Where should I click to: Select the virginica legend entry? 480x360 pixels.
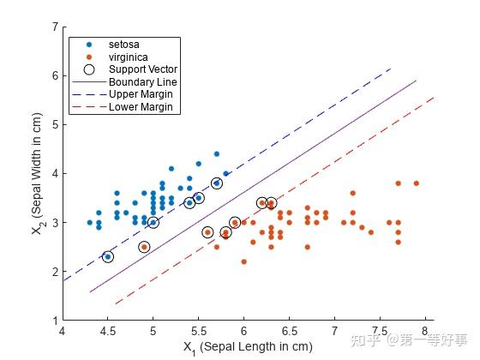127,56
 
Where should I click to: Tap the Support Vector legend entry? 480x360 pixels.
142,69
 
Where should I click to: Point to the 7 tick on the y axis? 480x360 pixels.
54,27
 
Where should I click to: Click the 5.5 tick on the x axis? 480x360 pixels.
199,329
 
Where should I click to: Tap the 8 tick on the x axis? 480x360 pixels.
424,329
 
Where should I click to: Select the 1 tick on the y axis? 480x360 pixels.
54,320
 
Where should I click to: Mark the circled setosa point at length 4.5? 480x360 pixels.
108,256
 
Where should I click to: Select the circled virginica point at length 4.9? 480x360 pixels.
144,247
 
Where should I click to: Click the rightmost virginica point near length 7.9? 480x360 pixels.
416,183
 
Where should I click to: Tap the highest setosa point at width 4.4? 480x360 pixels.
216,154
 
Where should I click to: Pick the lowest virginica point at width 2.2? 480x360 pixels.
243,261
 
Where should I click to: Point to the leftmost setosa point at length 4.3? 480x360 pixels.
90,222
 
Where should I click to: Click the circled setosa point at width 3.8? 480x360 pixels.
217,183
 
